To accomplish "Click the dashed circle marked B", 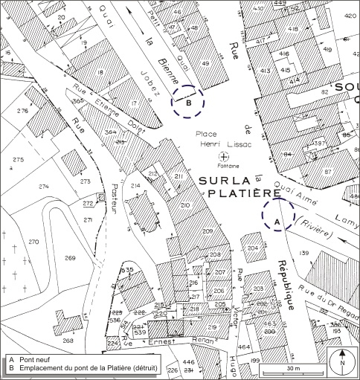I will click(x=188, y=103).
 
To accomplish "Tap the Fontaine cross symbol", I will click(x=224, y=156).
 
